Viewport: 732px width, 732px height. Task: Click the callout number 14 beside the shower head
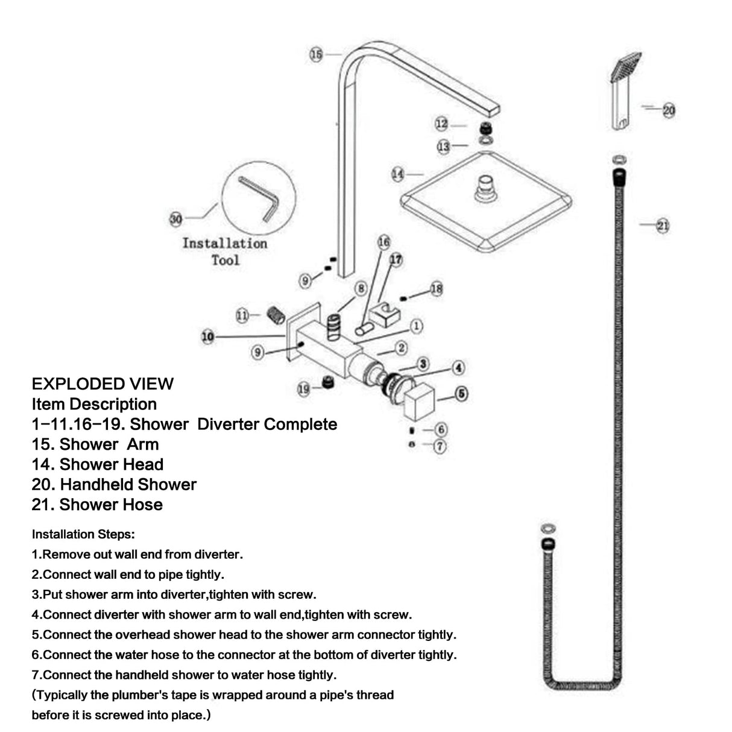point(398,174)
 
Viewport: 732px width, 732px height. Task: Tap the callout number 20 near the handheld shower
point(669,110)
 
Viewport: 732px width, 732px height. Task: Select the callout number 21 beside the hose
point(663,226)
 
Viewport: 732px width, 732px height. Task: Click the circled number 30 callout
point(175,219)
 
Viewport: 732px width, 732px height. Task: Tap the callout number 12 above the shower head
point(441,124)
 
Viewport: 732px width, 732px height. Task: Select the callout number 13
point(444,147)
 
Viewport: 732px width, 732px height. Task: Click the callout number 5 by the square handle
point(461,394)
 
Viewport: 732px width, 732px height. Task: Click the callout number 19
point(304,390)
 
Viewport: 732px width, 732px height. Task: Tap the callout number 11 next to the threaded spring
point(242,315)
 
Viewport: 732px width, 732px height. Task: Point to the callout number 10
point(207,336)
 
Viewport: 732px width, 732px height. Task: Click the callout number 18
point(437,289)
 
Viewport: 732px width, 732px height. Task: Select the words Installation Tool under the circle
point(225,251)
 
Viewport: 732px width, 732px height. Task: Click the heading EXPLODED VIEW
point(103,384)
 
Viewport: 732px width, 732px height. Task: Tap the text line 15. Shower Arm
point(95,444)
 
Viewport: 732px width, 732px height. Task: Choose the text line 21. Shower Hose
point(97,505)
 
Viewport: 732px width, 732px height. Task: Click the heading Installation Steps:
point(83,534)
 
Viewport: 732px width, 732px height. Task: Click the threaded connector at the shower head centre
point(486,187)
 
